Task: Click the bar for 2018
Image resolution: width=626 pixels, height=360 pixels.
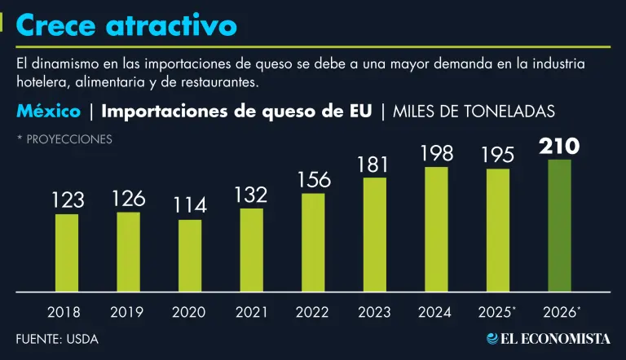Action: pos(67,252)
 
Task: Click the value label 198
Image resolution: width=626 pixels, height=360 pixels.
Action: pos(437,152)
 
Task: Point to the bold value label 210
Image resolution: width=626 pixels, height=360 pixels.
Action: pos(560,146)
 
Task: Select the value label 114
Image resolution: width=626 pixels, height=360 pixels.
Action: pos(190,205)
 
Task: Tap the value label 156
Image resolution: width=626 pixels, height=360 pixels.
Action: pos(313,179)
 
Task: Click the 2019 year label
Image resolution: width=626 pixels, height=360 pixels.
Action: pos(128,311)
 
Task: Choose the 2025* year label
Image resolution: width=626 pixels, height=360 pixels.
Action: pos(497,311)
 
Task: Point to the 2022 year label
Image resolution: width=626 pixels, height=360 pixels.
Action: pos(313,311)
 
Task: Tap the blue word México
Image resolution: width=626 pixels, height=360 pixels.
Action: pos(48,111)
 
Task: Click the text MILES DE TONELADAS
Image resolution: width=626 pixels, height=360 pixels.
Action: pos(474,112)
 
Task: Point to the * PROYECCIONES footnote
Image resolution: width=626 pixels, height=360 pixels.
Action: pos(64,139)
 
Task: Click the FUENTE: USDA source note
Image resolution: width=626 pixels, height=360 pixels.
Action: pos(57,339)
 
